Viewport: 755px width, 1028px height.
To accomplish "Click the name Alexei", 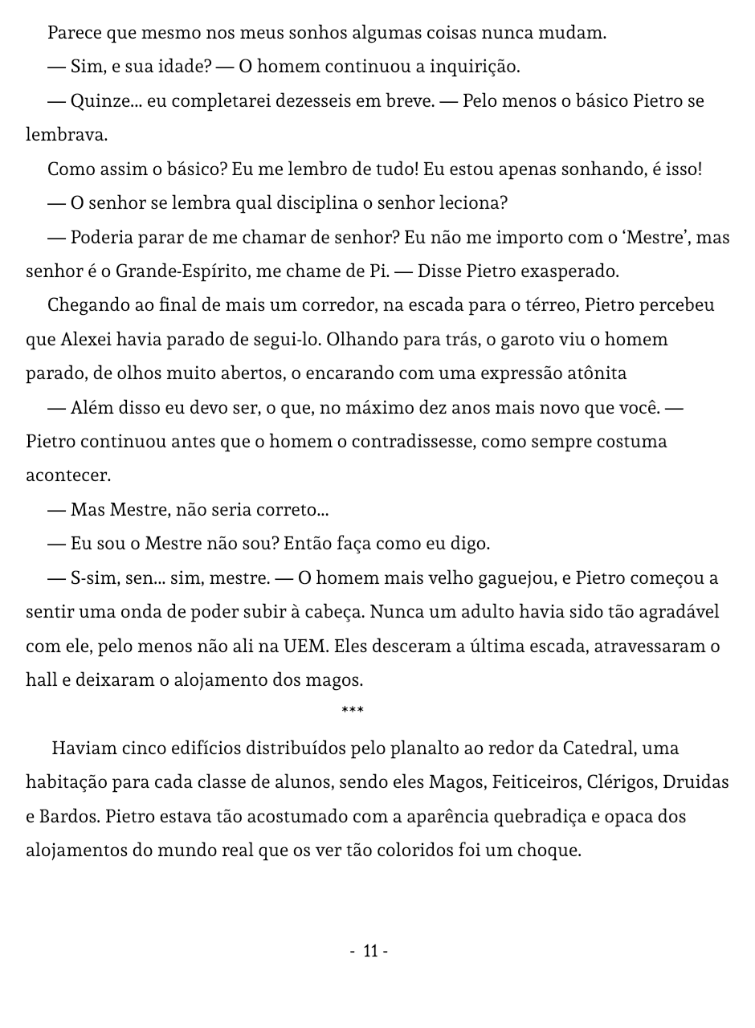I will click(x=86, y=340).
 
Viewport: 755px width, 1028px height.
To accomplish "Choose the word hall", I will click(x=40, y=681).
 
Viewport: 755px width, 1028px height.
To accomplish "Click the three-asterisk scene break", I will click(x=353, y=711).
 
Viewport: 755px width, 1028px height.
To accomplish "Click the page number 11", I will click(x=370, y=952).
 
